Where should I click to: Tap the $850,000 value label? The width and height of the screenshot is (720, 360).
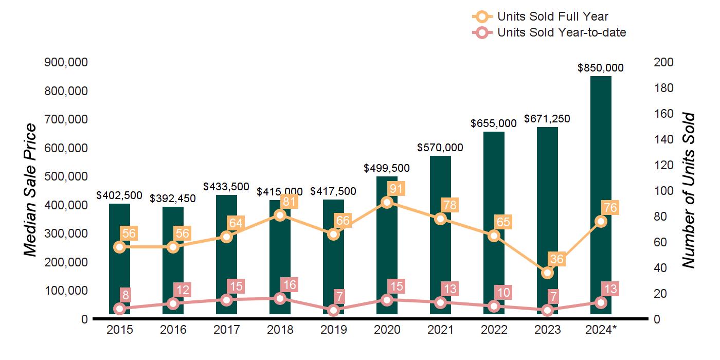pos(601,68)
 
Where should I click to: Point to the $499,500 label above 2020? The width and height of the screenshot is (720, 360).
pos(387,168)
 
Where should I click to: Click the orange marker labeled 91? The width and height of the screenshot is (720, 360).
pos(387,202)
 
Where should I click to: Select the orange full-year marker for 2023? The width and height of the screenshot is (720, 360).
pos(548,273)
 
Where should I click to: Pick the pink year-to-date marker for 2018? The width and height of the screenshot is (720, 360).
pos(280,298)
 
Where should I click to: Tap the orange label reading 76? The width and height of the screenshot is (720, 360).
pos(610,208)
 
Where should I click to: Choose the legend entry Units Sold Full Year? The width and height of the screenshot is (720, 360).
pos(552,16)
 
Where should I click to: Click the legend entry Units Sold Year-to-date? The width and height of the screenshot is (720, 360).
pos(561,33)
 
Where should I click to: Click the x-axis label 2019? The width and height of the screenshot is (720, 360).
pos(333,330)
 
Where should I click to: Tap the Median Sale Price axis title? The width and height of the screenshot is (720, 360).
pos(31,190)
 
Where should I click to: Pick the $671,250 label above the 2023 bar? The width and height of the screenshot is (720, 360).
pos(547,119)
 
